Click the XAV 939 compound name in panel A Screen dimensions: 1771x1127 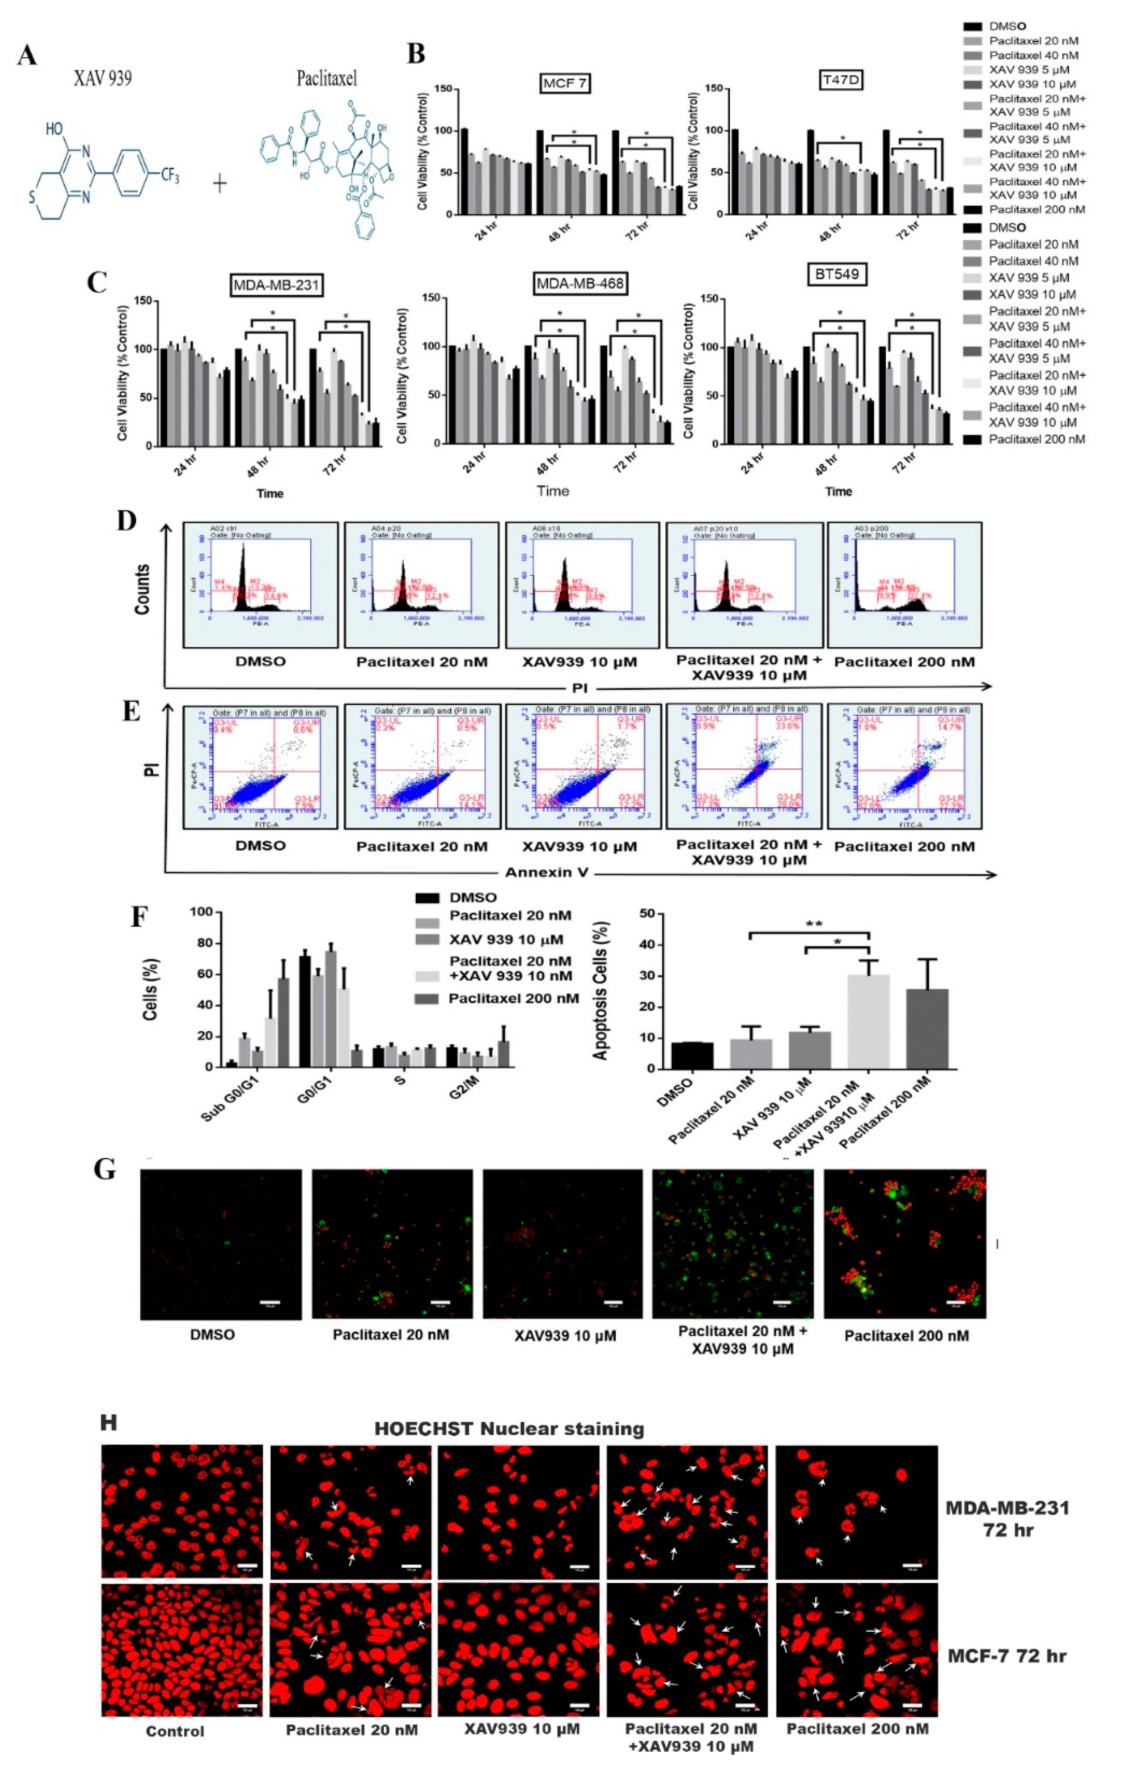pos(102,78)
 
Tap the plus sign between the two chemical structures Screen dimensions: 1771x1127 pos(219,183)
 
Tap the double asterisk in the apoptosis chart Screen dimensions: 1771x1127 pos(814,924)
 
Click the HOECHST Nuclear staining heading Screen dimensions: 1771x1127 pos(509,1428)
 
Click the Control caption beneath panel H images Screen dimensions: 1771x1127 pos(175,1731)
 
